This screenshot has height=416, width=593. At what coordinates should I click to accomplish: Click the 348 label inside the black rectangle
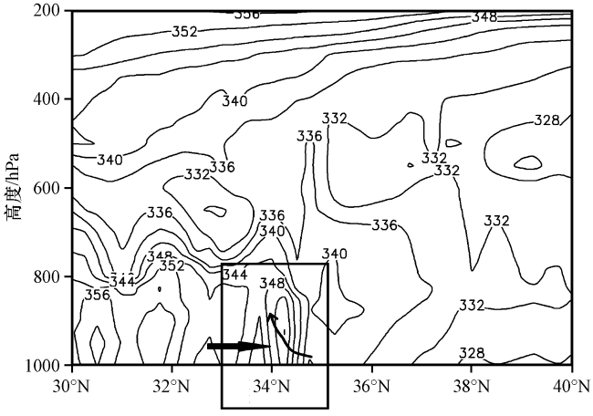(273, 284)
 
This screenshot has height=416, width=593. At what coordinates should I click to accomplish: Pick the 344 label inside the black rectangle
(235, 274)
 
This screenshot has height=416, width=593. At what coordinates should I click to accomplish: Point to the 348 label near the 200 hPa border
(484, 17)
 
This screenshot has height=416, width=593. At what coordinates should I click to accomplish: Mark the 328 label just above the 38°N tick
(472, 353)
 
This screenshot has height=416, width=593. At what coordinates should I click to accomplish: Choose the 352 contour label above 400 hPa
(184, 31)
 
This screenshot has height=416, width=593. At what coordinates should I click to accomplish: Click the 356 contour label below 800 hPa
(98, 295)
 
